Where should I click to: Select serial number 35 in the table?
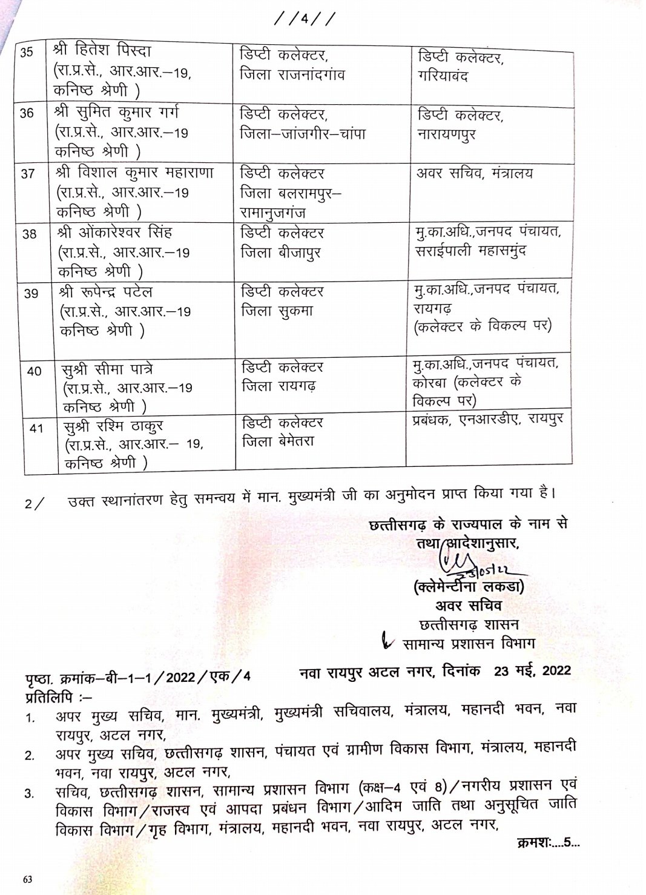pyautogui.click(x=27, y=53)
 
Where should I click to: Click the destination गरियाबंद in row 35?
pyautogui.click(x=443, y=76)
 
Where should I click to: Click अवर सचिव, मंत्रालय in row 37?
pyautogui.click(x=475, y=173)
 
